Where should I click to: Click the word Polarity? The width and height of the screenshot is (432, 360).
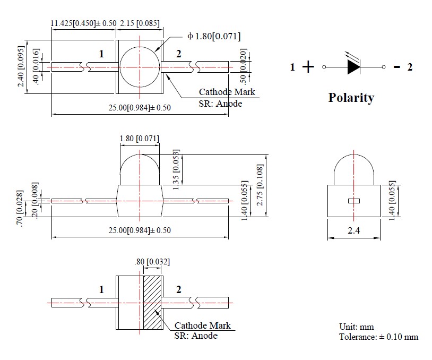[351, 98]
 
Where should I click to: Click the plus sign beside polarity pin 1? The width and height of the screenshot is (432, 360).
[308, 67]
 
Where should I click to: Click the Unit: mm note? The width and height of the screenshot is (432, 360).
[357, 327]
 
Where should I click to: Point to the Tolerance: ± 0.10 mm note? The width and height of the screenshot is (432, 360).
[378, 337]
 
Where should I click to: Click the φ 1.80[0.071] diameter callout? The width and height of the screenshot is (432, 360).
[214, 36]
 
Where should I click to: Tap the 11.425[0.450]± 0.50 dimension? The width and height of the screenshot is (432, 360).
[83, 24]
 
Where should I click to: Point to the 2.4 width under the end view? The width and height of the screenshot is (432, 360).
[353, 232]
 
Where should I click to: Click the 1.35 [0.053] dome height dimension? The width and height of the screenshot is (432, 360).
[177, 169]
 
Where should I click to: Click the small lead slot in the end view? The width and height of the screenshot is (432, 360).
[353, 201]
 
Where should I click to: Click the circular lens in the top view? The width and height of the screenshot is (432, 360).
[139, 67]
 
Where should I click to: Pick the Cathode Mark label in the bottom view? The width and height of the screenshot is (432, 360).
[202, 325]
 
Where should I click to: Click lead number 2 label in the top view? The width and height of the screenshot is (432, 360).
[178, 53]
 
